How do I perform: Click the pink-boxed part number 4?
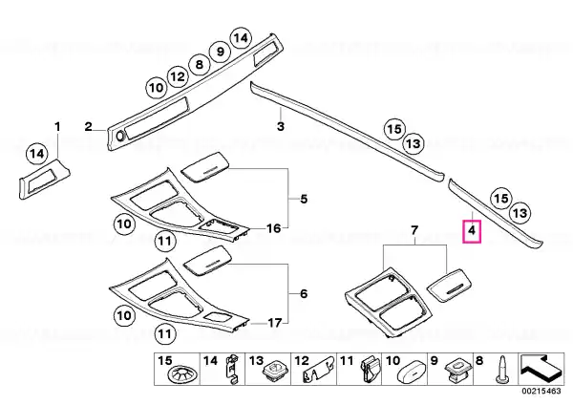point(472,231)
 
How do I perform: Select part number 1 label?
point(57,127)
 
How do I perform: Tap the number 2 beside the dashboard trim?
point(89,127)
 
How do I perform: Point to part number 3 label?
point(280,127)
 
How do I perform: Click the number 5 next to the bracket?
point(304,200)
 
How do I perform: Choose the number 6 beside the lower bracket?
point(304,294)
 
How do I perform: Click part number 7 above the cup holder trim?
point(414,230)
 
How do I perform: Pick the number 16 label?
point(273,228)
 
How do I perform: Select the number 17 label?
point(275,323)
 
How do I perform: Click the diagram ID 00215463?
point(541,391)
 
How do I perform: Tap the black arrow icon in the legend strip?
point(541,368)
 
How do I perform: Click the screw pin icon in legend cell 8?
point(501,370)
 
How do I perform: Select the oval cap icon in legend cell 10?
point(410,373)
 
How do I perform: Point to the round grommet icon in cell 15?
point(182,374)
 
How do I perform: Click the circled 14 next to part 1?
point(37,154)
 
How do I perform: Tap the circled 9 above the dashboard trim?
point(220,52)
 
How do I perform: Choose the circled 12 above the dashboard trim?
point(178,76)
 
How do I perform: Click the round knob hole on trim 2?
point(120,137)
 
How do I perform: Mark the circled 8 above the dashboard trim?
point(200,64)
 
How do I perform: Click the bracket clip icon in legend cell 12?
point(318,373)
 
